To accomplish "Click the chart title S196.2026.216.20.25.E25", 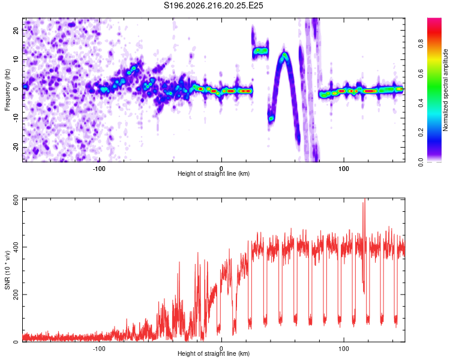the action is click(x=213, y=5).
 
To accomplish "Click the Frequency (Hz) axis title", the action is click(x=7, y=90).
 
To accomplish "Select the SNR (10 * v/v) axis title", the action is click(x=7, y=270).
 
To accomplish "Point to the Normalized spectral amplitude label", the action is click(x=445, y=90).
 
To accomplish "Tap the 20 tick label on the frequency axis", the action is click(x=16, y=31).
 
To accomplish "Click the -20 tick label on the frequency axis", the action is click(x=16, y=147).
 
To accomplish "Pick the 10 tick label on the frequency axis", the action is click(x=16, y=60).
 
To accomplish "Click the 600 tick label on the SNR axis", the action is click(x=16, y=200).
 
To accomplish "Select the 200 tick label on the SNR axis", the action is click(x=16, y=295).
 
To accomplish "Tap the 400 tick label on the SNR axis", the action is click(x=16, y=247).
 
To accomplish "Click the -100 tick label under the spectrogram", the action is click(x=99, y=169).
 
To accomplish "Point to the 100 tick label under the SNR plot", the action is click(x=344, y=349).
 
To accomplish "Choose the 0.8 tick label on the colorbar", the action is click(x=421, y=44).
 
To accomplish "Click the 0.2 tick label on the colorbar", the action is click(x=421, y=133).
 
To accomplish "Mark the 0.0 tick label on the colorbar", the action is click(x=421, y=162).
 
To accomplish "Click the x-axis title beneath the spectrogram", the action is click(x=214, y=173).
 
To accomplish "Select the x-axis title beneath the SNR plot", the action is click(x=214, y=353).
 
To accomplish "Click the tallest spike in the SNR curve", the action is click(x=364, y=199).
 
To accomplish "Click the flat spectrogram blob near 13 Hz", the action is click(x=260, y=51).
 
